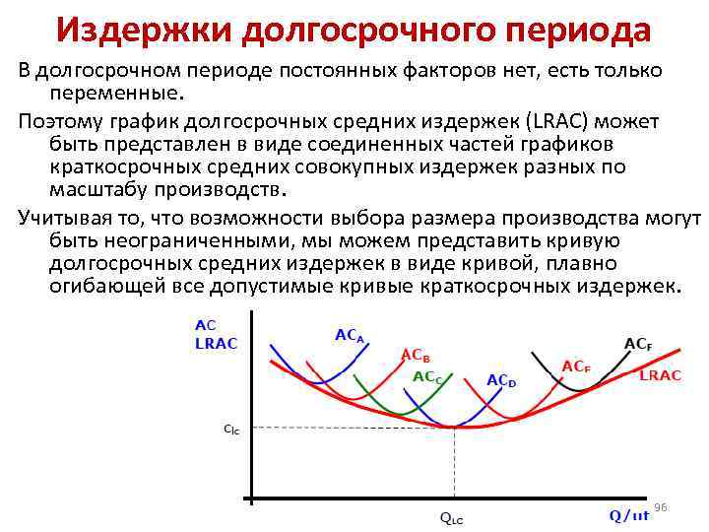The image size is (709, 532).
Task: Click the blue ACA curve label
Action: click(x=350, y=336)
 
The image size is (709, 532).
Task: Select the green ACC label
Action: click(x=427, y=376)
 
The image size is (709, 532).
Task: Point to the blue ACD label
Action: click(x=501, y=381)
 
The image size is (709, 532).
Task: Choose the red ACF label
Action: click(x=576, y=366)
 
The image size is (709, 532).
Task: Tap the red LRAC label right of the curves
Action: click(x=661, y=376)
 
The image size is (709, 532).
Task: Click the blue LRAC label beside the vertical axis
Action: click(x=217, y=343)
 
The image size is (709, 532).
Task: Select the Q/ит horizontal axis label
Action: click(x=628, y=514)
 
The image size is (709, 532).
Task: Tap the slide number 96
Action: click(x=661, y=506)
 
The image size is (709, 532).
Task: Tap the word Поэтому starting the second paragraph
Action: click(x=59, y=121)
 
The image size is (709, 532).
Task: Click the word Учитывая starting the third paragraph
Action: click(x=67, y=217)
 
